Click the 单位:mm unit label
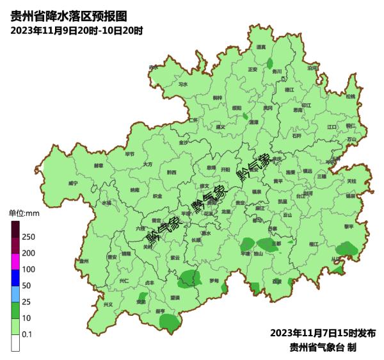(x=24, y=213)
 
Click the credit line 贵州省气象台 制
(x=323, y=347)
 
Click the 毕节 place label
(x=130, y=154)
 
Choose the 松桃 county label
(x=350, y=96)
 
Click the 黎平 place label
(x=349, y=226)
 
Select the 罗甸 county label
(x=214, y=281)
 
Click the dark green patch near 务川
(x=271, y=63)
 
